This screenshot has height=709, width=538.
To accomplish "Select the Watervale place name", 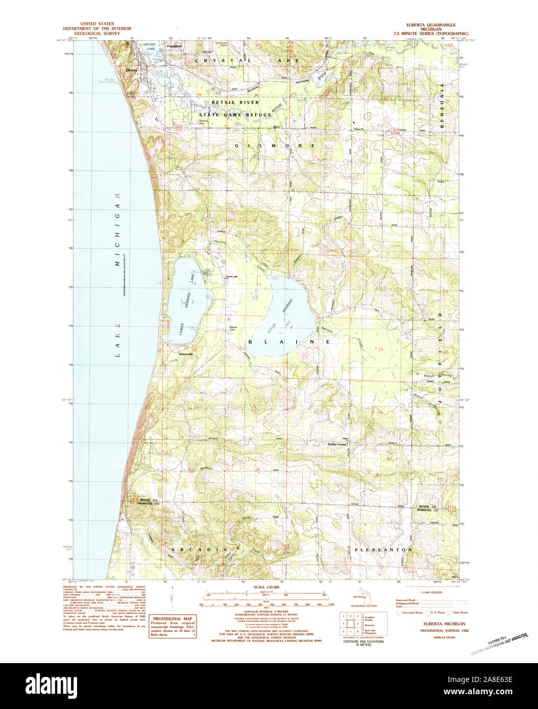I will (x=185, y=353).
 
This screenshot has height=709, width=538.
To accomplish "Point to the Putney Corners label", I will (x=337, y=444).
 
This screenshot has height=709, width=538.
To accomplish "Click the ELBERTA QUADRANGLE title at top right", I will (x=431, y=24).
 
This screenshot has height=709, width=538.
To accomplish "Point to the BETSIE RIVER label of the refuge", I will (x=235, y=103).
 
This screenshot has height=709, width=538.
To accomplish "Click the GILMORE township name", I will (x=275, y=146).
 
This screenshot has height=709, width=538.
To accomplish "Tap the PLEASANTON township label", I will (x=383, y=550).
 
